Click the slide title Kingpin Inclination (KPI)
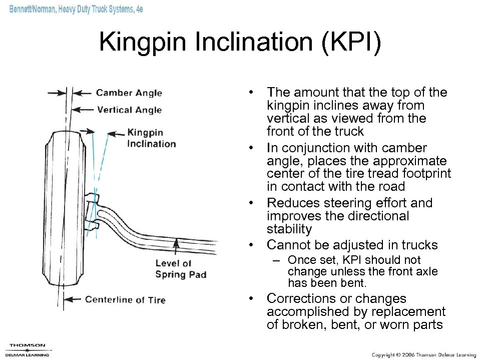tap(240, 42)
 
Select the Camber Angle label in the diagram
tap(129, 93)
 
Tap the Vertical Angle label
tap(129, 110)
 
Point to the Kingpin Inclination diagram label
tap(151, 138)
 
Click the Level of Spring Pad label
tap(180, 268)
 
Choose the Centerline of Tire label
tap(125, 300)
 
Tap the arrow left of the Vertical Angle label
tap(83, 110)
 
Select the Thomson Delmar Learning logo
tap(28, 348)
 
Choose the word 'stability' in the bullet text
tap(289, 229)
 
